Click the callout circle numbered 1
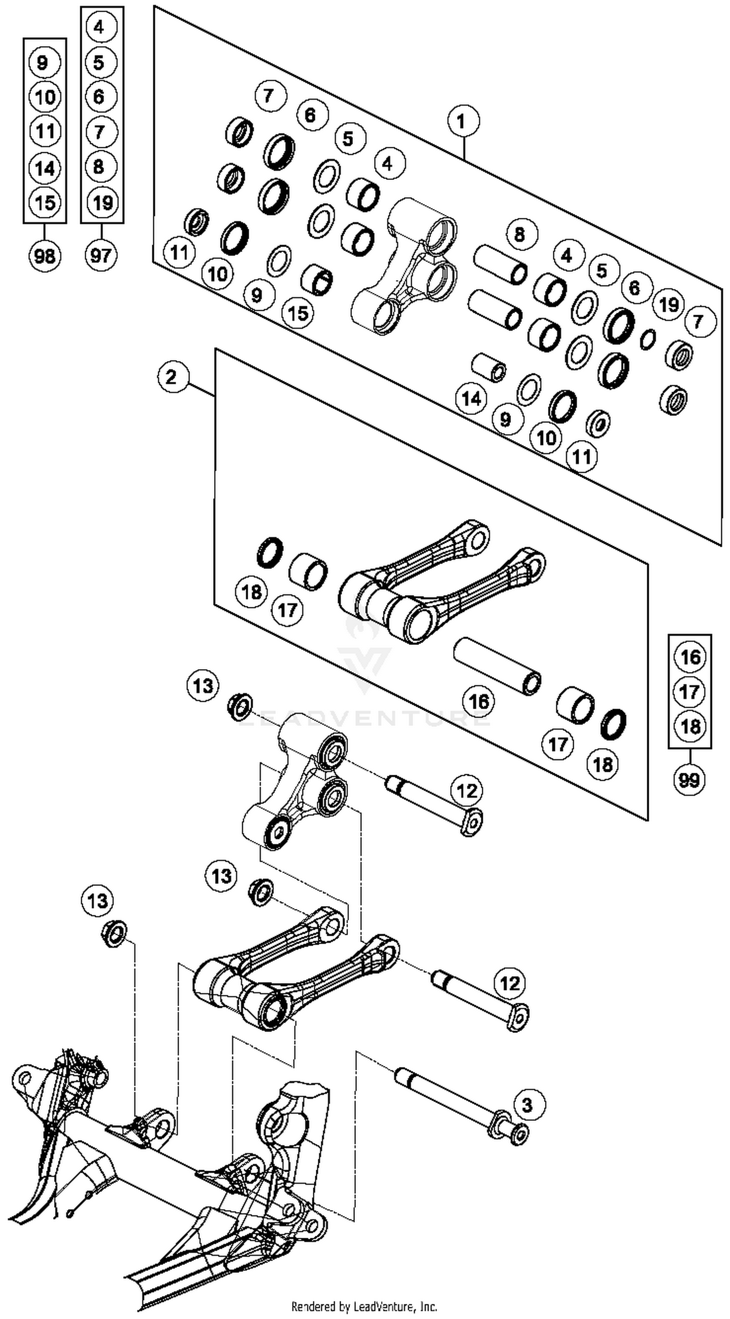click(463, 122)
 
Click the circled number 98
click(45, 254)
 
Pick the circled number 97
click(101, 254)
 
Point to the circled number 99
click(689, 780)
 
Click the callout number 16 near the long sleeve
click(478, 701)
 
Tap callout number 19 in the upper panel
click(669, 304)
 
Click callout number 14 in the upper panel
click(471, 398)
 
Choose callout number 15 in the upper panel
click(299, 312)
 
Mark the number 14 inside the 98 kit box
click(45, 167)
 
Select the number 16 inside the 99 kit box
click(690, 657)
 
